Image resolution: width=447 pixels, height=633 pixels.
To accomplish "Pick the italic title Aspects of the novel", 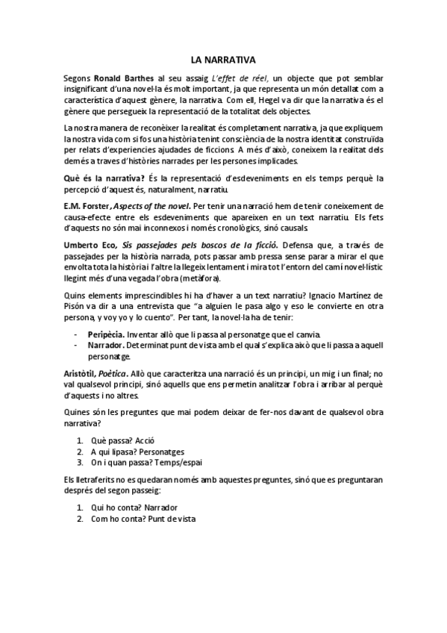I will pos(150,205).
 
